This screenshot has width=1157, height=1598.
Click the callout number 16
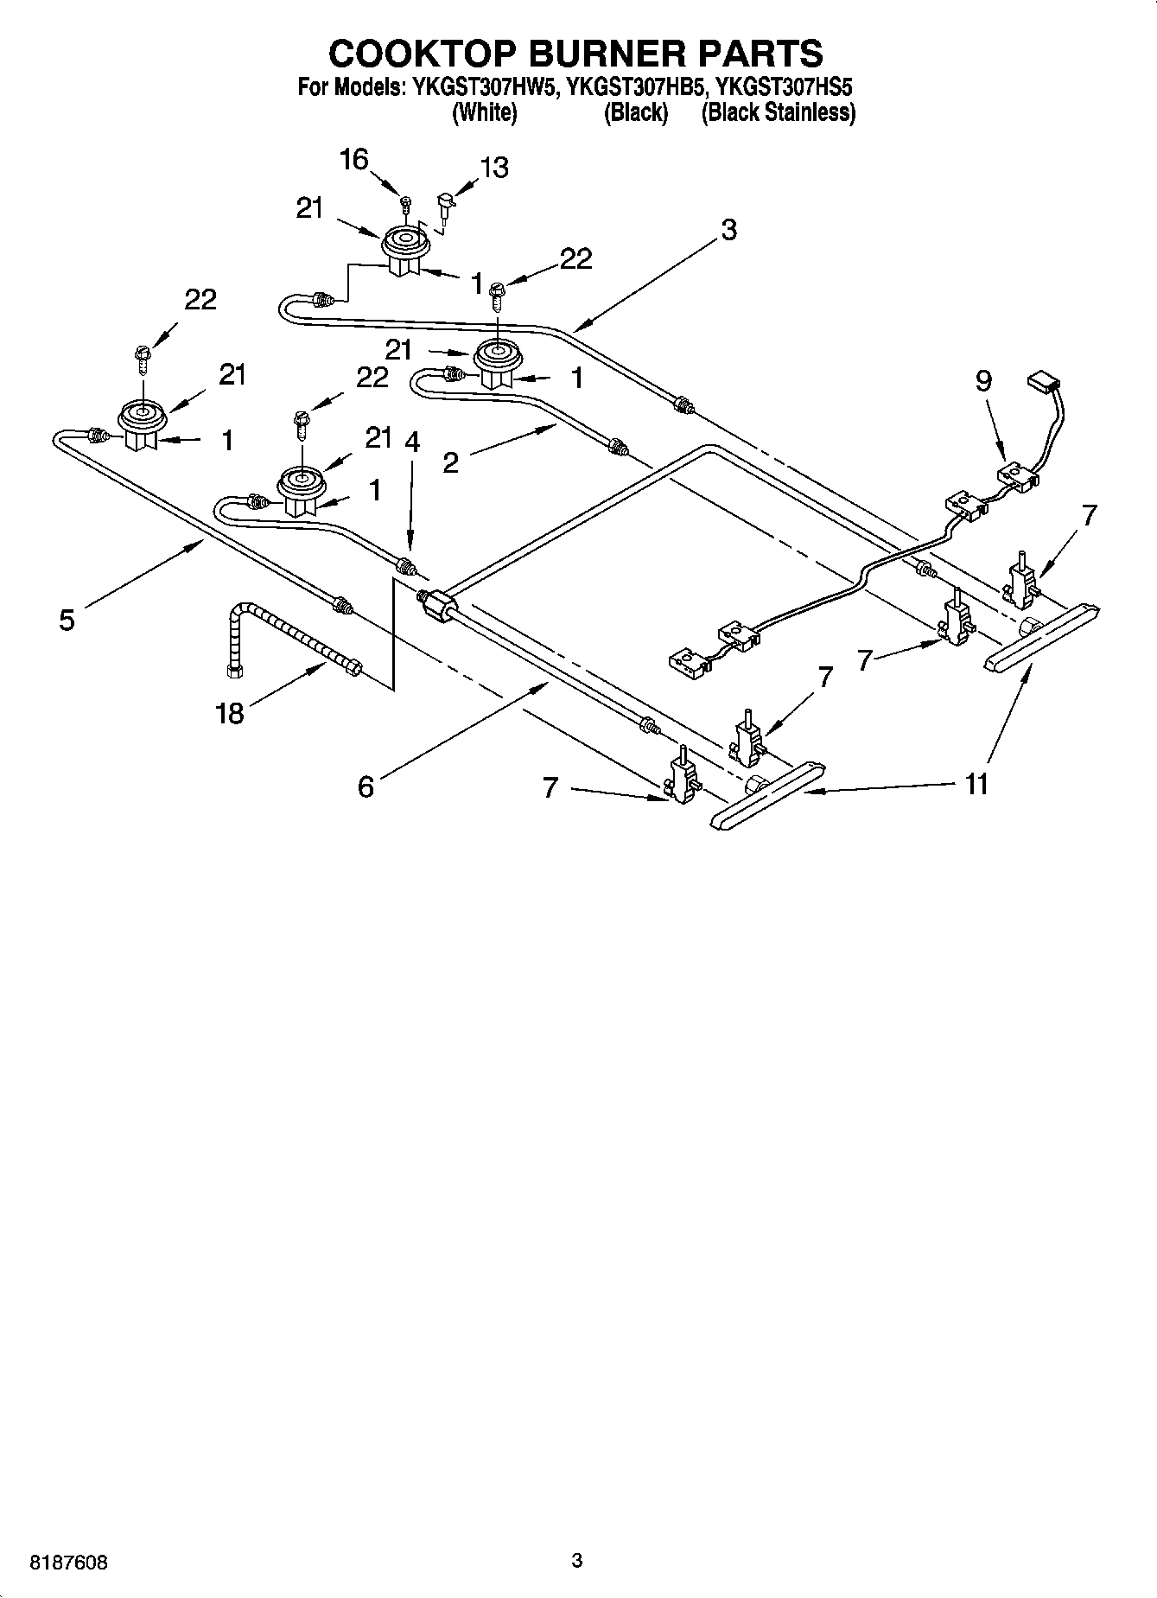coord(354,160)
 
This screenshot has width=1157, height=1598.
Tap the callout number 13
coord(494,168)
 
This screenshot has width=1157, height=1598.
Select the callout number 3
coord(728,230)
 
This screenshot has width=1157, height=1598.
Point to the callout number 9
coord(984,380)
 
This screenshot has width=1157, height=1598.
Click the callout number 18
coord(230,714)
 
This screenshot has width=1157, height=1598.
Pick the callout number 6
coord(366,786)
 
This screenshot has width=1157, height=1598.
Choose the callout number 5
coord(67,619)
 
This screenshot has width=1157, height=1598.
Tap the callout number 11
coord(976,784)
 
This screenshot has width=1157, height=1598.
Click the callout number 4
coord(412,442)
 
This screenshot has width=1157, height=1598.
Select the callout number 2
coord(450,463)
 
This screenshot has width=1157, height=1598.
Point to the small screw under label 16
coord(405,204)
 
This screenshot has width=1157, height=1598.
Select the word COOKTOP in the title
coord(421,53)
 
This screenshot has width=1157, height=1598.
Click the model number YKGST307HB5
coord(636,87)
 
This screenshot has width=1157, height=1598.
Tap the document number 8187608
coord(69,1563)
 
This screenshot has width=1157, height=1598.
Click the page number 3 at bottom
coord(577,1561)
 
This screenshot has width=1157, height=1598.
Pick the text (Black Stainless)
coord(778,113)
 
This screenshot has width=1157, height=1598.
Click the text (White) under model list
coord(485,113)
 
